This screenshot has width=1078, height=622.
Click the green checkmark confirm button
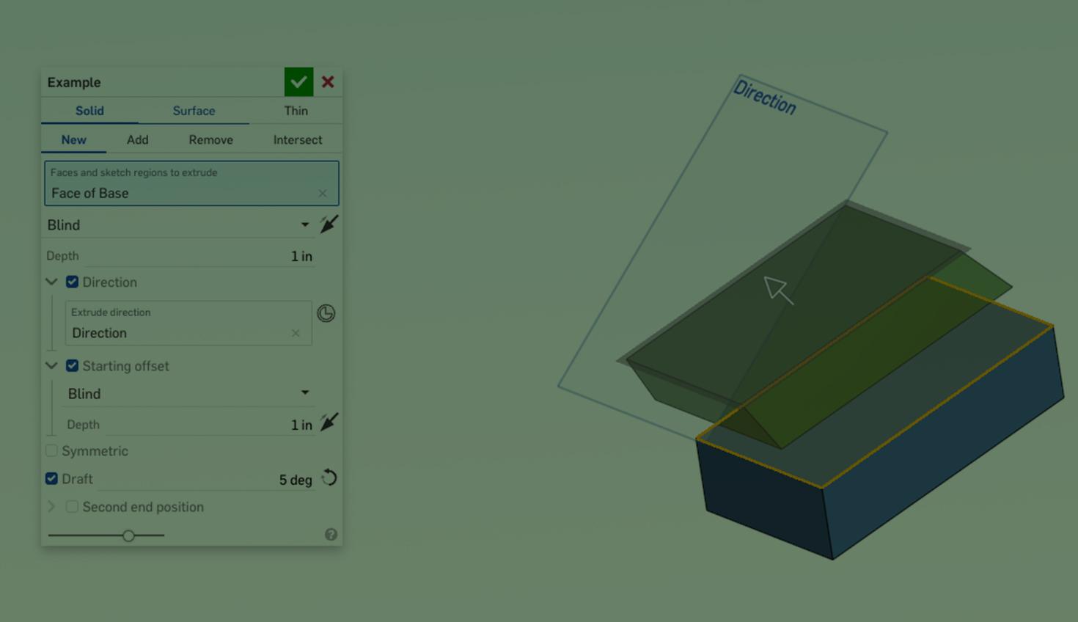[298, 82]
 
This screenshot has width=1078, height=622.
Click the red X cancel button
[328, 82]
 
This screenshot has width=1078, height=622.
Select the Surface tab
[194, 111]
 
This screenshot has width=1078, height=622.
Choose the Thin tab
[296, 111]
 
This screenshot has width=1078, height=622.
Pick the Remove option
[210, 139]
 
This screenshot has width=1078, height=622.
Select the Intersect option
[298, 139]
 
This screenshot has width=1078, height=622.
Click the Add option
[137, 139]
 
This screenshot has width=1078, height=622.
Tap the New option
[73, 139]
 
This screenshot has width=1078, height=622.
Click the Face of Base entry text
[90, 193]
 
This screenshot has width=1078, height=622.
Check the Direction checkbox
[72, 282]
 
